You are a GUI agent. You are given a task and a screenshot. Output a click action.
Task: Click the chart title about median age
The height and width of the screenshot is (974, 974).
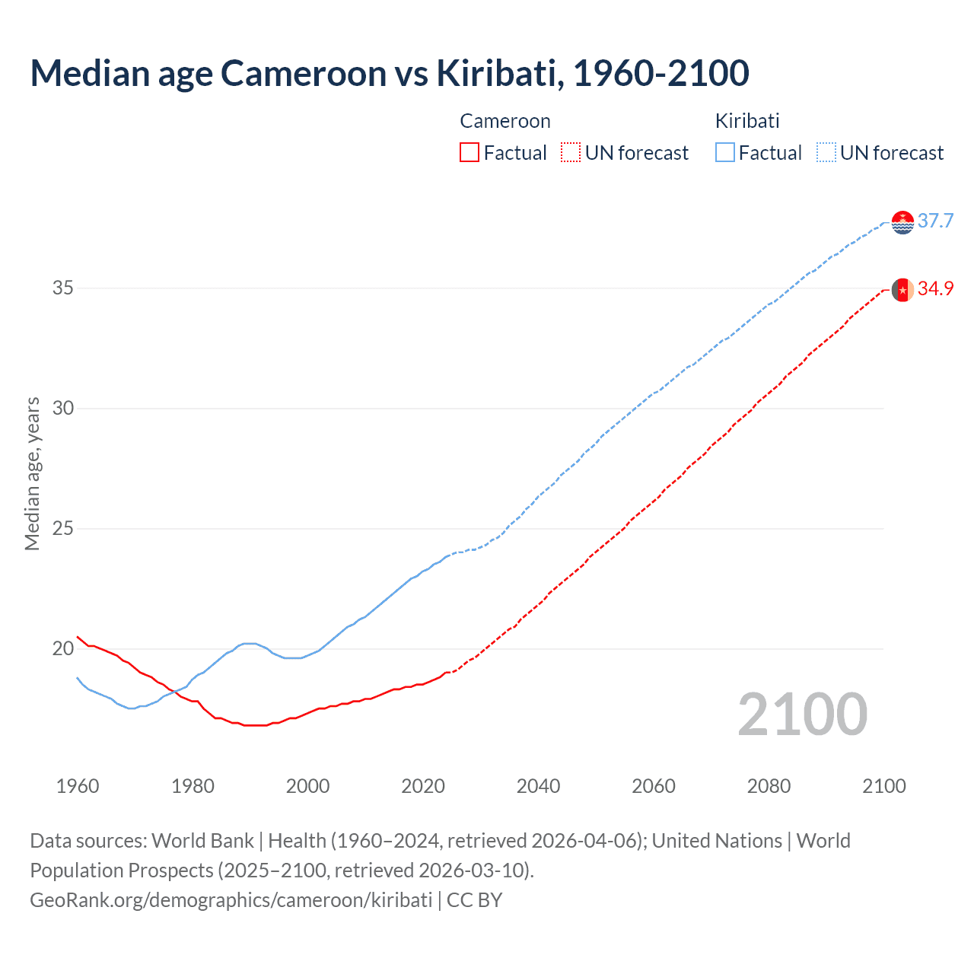[x=390, y=73]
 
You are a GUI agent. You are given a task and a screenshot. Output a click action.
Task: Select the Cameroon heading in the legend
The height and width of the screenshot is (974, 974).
[x=505, y=121]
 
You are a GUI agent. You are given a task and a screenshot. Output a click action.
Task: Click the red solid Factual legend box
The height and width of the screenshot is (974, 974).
[x=469, y=153]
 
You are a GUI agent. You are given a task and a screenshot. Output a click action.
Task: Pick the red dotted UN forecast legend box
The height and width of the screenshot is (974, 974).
[x=571, y=153]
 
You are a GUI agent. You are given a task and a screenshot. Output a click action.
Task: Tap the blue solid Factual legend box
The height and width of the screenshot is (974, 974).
[x=725, y=153]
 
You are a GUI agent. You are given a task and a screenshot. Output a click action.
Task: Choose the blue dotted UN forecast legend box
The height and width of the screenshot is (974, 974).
[x=826, y=153]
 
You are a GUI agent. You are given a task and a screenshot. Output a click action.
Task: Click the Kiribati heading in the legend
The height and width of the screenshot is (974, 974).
[x=746, y=121]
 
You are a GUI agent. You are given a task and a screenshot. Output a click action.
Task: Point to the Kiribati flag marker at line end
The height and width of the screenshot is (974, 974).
[x=902, y=222]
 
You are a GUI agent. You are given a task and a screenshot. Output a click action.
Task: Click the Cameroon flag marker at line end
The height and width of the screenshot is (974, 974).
[x=902, y=290]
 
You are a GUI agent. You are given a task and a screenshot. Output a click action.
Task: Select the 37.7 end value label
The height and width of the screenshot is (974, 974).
[x=935, y=221]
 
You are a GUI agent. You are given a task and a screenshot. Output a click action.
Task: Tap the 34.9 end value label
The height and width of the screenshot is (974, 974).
[x=935, y=289]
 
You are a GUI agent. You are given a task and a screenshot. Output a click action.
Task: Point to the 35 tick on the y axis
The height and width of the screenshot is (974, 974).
[x=63, y=288]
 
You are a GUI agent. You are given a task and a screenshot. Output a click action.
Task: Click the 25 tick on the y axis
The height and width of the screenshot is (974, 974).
[x=63, y=528]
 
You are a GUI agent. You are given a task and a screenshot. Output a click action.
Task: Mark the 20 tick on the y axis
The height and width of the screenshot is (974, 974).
[x=63, y=648]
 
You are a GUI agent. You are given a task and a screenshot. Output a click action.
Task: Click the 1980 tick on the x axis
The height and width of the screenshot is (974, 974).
[x=193, y=786]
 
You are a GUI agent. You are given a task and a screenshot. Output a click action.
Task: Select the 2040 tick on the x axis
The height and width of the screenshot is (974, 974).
[x=538, y=786]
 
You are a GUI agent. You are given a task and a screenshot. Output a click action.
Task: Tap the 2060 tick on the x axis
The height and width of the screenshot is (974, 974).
[x=654, y=786]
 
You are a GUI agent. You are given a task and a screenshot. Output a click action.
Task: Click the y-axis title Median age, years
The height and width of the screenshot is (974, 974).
[x=32, y=473]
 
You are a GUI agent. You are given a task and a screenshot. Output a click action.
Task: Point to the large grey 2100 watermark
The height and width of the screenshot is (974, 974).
[x=802, y=715]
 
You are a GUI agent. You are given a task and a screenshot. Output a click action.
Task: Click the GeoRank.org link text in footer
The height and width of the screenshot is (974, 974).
[x=231, y=900]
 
